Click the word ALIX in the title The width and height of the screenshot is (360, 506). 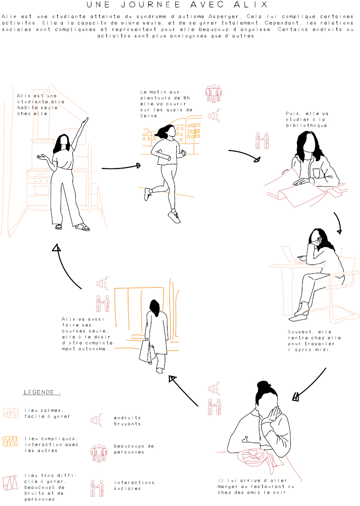tap(252, 5)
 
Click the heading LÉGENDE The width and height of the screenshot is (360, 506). tap(39, 392)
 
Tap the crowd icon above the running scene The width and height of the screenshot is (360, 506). tap(214, 94)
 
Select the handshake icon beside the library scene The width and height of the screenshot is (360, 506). tap(262, 141)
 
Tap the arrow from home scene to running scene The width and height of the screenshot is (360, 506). tap(121, 167)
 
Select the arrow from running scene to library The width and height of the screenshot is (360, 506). tap(245, 154)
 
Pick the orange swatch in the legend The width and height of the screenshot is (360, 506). tap(10, 441)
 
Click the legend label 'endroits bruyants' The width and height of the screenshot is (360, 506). tap(127, 421)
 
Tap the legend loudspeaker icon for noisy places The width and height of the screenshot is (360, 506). tap(97, 420)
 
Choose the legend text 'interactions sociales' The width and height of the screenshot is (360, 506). tap(134, 485)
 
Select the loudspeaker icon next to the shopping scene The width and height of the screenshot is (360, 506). tap(102, 283)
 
